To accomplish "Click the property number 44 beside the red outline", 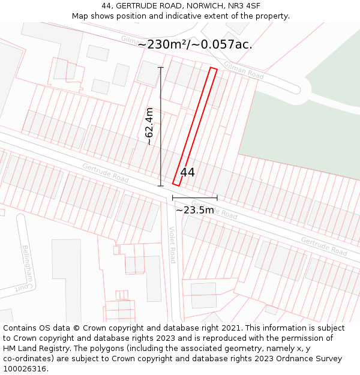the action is coord(188,172).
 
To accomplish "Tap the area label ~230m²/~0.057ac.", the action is coord(195,44).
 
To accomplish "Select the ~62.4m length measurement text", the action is coord(149,127).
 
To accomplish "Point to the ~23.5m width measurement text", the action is coord(194,210).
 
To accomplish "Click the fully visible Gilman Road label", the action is coord(244,70).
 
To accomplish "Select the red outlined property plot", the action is coord(195,126).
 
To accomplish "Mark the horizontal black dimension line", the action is coord(194,197).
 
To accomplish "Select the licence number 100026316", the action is coord(25,369).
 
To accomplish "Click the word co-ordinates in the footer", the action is coord(27,359).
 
